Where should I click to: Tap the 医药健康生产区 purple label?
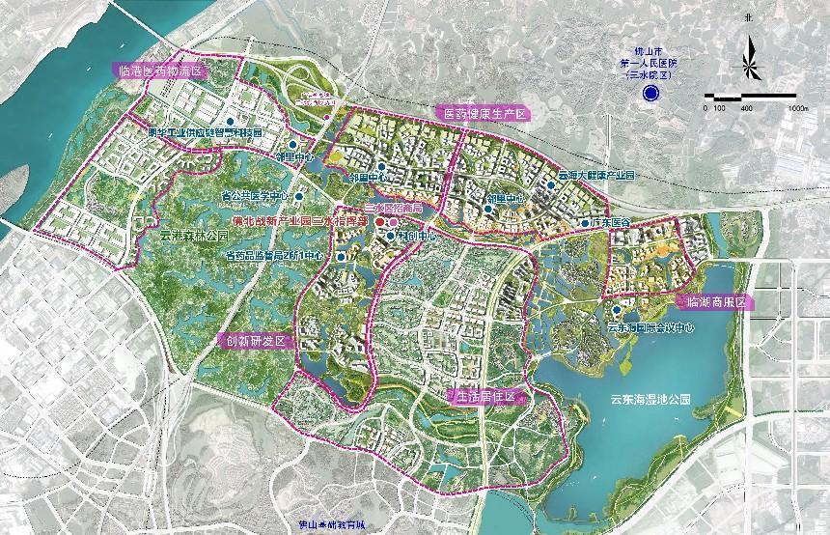484,114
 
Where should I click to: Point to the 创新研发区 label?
255,341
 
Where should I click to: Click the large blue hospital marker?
651,93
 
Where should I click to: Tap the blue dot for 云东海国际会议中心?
616,310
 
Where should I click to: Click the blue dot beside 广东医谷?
584,223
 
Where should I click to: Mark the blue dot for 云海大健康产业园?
550,177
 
